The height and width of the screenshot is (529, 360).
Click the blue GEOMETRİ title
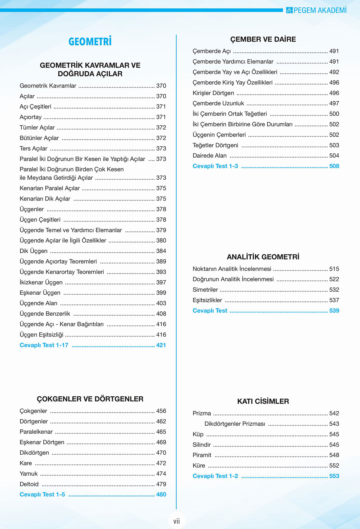[x=90, y=42]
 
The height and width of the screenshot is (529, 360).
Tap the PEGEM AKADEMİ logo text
[x=320, y=10]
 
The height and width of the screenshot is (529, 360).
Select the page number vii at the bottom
[x=176, y=521]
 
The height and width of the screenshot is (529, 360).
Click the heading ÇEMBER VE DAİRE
[x=263, y=39]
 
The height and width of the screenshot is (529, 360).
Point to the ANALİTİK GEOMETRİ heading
[x=263, y=257]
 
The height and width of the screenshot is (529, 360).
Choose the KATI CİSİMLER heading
[x=263, y=401]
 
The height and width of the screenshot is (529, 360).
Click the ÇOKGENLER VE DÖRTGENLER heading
[x=90, y=399]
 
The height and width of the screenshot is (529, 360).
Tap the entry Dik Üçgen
[x=33, y=251]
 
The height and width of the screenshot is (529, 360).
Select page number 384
[x=161, y=251]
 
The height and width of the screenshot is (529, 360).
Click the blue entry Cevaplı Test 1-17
[x=44, y=345]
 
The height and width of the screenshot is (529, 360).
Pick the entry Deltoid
[x=29, y=484]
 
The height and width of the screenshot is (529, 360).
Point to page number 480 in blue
[x=161, y=494]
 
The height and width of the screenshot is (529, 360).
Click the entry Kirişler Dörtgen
[x=213, y=93]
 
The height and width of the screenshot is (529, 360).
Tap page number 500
[x=334, y=114]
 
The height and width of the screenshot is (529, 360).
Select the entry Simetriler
[x=205, y=290]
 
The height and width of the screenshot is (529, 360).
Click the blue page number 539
[x=334, y=311]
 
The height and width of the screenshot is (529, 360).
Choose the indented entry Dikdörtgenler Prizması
[x=235, y=424]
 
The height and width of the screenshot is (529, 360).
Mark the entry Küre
[x=199, y=466]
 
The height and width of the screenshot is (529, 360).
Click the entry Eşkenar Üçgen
[x=40, y=293]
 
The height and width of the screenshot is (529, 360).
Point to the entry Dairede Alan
[x=210, y=156]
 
